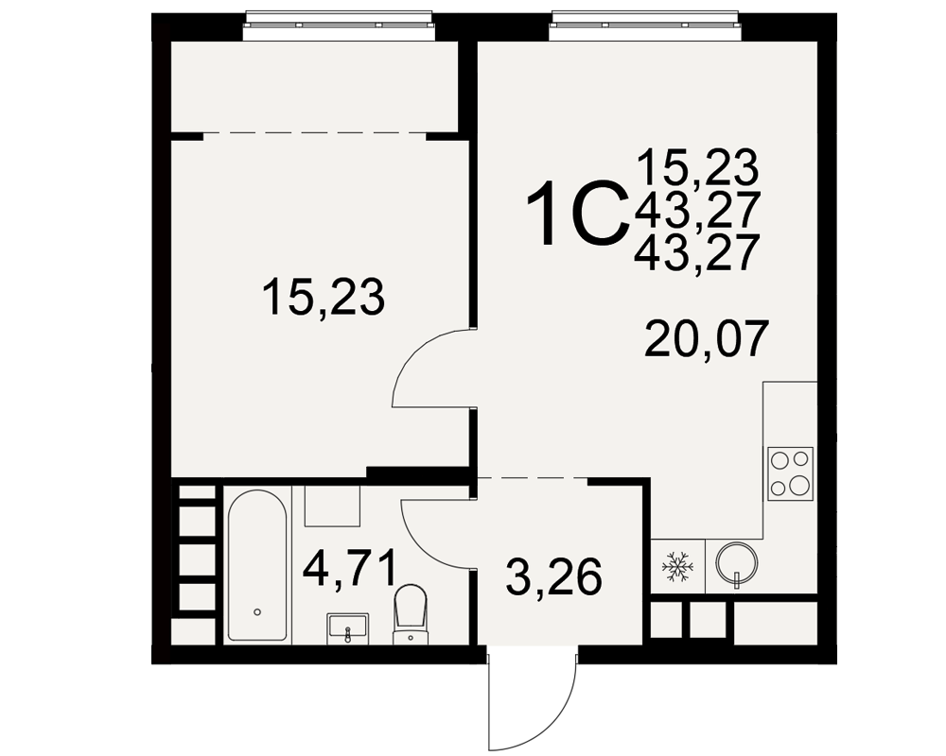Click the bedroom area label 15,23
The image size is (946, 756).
pyautogui.click(x=324, y=298)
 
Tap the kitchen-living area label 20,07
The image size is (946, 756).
pyautogui.click(x=707, y=340)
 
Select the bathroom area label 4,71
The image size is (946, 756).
pyautogui.click(x=350, y=569)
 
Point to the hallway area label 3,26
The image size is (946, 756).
pyautogui.click(x=553, y=577)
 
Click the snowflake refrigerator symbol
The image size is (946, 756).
pyautogui.click(x=677, y=566)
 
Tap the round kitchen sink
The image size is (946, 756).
pyautogui.click(x=736, y=563)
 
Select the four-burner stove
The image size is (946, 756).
pyautogui.click(x=790, y=473)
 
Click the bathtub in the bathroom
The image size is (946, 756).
pyautogui.click(x=257, y=565)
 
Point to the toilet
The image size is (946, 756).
pyautogui.click(x=411, y=613)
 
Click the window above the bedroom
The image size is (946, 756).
pyautogui.click(x=338, y=26)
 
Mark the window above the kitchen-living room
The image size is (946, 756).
pyautogui.click(x=643, y=26)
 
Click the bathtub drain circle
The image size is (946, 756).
pyautogui.click(x=257, y=612)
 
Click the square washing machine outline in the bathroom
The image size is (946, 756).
pyautogui.click(x=332, y=506)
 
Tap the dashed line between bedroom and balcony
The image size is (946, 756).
pyautogui.click(x=314, y=132)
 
